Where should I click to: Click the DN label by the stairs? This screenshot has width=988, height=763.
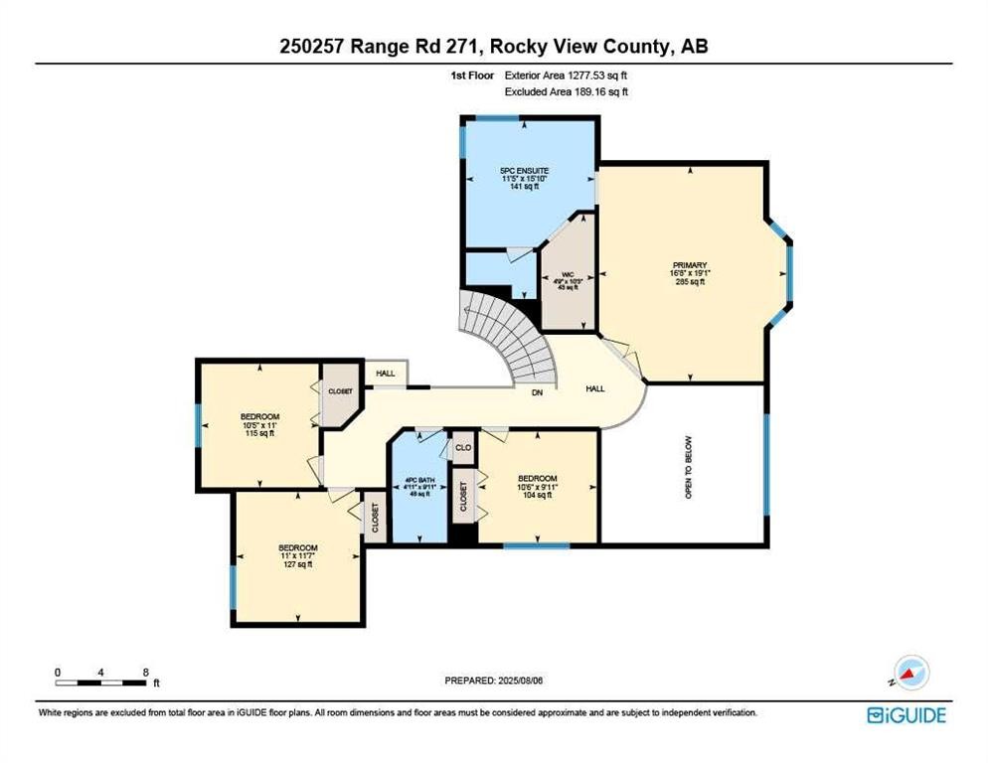click(x=537, y=392)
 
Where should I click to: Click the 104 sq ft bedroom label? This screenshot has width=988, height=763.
click(x=537, y=486)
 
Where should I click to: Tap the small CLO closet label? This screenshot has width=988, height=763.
click(x=462, y=448)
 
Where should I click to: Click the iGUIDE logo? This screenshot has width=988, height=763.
click(x=906, y=715)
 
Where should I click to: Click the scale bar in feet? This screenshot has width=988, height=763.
click(x=103, y=682)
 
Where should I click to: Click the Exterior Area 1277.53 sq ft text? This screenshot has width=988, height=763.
click(x=567, y=75)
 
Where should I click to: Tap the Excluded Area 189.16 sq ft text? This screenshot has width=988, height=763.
click(x=567, y=91)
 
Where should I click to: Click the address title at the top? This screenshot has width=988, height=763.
click(x=494, y=46)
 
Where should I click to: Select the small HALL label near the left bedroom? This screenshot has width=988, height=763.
click(x=386, y=374)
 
